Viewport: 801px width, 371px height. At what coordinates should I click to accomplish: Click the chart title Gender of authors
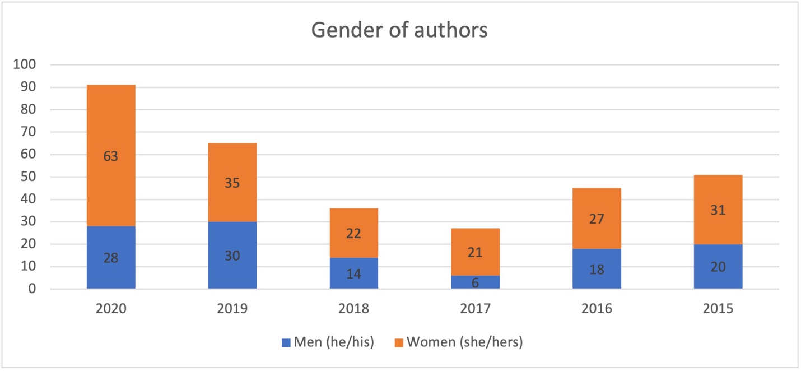399,30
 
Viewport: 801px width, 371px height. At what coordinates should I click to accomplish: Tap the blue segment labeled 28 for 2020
110,258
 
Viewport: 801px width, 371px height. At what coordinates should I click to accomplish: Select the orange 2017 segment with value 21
475,252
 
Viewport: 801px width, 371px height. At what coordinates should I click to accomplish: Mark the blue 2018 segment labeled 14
353,273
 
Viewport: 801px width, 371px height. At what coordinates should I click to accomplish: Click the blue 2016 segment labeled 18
597,269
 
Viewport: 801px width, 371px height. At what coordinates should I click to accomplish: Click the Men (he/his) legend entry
327,342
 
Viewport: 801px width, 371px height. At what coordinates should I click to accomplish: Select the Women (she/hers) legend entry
458,342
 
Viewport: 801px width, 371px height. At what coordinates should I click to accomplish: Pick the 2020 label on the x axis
110,309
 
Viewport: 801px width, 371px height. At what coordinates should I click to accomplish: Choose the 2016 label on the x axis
597,309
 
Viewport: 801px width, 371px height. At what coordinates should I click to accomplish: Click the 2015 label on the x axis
718,309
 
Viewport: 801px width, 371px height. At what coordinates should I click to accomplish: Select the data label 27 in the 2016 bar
597,219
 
